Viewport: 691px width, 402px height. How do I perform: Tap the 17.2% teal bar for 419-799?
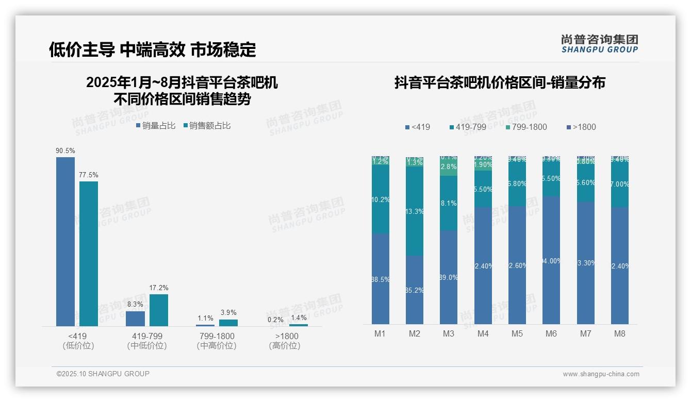159,310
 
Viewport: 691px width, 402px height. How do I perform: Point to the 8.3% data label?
135,305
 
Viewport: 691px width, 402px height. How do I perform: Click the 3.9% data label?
228,312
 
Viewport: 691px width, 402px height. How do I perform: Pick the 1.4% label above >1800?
299,317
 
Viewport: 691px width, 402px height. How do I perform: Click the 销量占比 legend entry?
156,126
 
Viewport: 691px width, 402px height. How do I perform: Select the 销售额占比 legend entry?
207,126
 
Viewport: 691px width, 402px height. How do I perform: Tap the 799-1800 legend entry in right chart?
525,127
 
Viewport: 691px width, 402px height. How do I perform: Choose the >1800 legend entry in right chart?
581,127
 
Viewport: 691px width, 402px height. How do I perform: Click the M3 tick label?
449,333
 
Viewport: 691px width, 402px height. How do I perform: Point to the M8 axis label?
620,333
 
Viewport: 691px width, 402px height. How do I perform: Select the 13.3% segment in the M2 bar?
415,211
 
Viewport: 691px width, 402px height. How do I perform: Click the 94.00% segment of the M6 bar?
551,260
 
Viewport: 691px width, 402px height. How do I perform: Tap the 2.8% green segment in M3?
449,167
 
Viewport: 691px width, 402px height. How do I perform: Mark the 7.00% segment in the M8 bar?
620,185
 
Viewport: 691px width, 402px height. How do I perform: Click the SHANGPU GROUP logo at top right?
600,44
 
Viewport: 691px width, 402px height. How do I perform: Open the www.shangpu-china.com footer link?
601,374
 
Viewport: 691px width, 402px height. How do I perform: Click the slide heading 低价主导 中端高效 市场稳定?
153,49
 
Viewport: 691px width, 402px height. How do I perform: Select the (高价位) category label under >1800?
284,346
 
